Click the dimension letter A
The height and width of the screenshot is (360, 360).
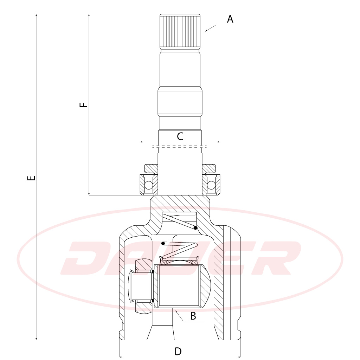tap(230, 19)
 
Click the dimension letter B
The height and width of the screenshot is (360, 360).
tap(193, 316)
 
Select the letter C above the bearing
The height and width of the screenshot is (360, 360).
tap(180, 136)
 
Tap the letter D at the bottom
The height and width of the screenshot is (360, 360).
tap(178, 351)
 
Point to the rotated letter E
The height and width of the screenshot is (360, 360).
tap(31, 178)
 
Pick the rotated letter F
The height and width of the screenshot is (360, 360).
tap(84, 105)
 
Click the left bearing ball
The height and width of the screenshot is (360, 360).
tap(149, 185)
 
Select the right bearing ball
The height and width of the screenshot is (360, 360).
tap(211, 185)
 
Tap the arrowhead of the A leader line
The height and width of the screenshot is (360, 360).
tap(206, 30)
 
